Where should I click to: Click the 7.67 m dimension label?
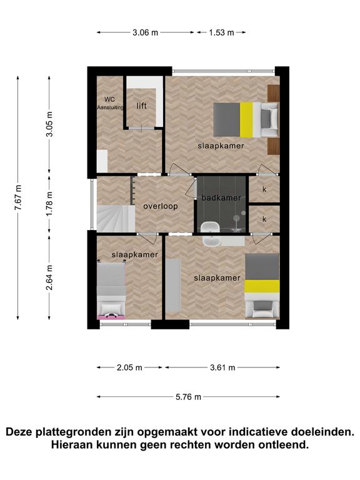point(18,197)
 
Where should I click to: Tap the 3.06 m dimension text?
point(145,32)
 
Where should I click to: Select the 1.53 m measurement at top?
point(221,32)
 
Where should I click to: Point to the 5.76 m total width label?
point(188,397)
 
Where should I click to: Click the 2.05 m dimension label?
point(129,367)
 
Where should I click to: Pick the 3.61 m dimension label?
point(222,367)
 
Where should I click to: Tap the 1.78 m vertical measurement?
point(49,204)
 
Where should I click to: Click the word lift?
point(141,106)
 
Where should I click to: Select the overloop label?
point(161,206)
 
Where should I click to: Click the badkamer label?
point(221,197)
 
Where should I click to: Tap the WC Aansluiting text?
point(110,103)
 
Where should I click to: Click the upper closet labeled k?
point(264,189)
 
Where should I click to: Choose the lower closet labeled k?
point(264,219)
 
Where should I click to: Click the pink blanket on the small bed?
point(111,317)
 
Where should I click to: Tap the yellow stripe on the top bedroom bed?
point(246,120)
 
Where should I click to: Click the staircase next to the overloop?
point(116,219)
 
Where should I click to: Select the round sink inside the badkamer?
point(211,228)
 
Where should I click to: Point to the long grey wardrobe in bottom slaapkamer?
point(173,285)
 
